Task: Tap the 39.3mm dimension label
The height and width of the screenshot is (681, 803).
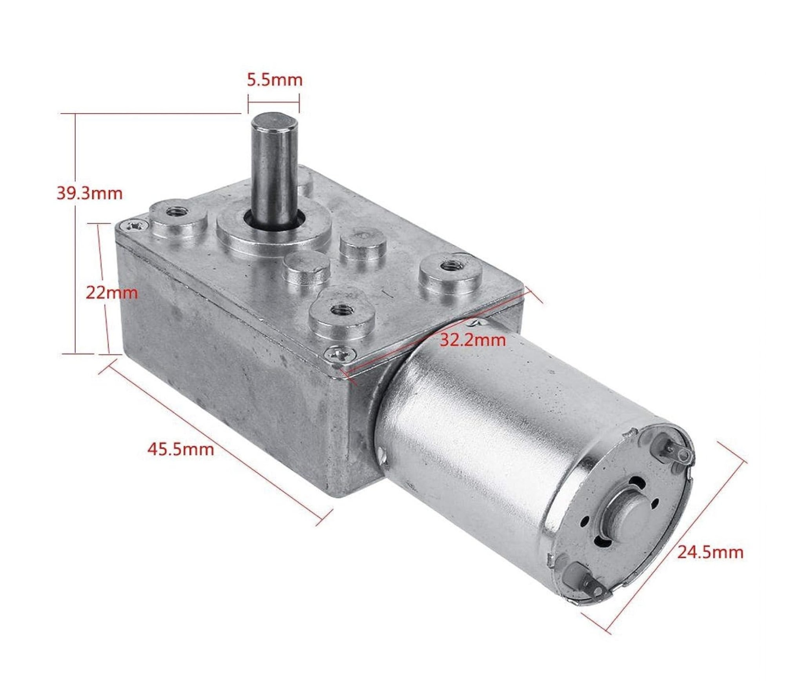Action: (90, 193)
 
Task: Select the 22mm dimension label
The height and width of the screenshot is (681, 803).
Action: (112, 292)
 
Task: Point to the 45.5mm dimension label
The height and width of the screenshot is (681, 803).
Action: (181, 449)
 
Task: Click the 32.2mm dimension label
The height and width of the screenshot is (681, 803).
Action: (472, 340)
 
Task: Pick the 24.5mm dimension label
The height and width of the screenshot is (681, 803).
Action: (710, 552)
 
